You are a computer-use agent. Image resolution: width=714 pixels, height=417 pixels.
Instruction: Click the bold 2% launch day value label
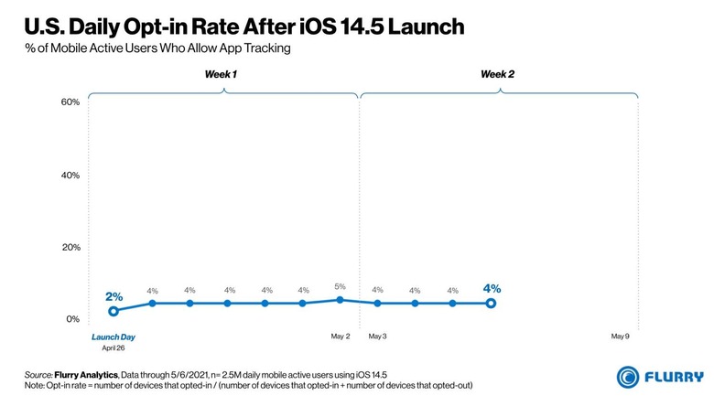point(114,296)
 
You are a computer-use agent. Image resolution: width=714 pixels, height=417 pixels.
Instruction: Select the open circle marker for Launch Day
point(114,312)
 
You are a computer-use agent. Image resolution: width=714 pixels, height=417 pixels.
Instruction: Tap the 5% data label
point(341,286)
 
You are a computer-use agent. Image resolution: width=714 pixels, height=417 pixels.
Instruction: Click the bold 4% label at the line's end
point(492,289)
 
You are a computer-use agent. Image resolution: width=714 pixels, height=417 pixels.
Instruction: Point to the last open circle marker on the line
point(492,303)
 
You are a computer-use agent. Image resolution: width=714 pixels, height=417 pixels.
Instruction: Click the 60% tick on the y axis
point(70,102)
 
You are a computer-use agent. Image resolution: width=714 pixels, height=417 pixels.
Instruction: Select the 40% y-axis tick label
point(70,175)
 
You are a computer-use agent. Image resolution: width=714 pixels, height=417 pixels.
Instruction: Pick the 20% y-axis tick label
point(70,247)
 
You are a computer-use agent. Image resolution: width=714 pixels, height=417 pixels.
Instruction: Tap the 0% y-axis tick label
point(73,319)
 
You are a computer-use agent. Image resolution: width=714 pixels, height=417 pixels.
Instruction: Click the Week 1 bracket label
point(221,74)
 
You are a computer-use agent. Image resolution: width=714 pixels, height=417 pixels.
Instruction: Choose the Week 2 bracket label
point(497,74)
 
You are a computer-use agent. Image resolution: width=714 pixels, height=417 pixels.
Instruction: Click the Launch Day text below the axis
point(113,337)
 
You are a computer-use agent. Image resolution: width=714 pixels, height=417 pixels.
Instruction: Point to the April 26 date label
point(113,348)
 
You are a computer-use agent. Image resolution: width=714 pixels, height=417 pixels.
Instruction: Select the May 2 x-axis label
point(341,337)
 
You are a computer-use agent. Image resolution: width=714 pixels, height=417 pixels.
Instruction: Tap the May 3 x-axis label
point(377,337)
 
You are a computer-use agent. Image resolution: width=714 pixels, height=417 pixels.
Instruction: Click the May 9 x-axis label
point(621,337)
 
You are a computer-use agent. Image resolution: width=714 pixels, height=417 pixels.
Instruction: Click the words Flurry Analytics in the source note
point(85,375)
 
